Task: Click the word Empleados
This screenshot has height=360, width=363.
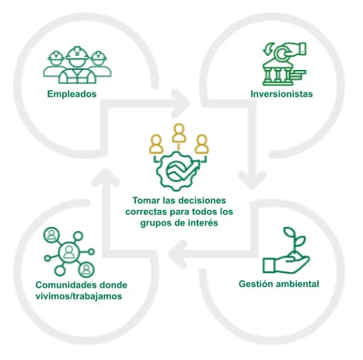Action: click(x=72, y=94)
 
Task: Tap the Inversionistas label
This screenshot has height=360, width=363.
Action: click(x=281, y=94)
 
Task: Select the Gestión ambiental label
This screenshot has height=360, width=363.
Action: click(x=279, y=284)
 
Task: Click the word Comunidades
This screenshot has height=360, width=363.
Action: click(x=66, y=285)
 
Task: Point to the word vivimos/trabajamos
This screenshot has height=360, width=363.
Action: click(x=79, y=296)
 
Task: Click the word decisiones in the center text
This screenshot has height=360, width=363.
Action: click(x=202, y=201)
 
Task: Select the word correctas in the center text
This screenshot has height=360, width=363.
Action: click(x=146, y=211)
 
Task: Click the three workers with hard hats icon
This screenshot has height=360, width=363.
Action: click(x=77, y=65)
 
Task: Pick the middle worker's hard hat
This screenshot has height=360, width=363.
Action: click(x=77, y=53)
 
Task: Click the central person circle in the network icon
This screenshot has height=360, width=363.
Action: click(x=69, y=252)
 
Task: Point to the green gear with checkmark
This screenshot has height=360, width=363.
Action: click(x=177, y=171)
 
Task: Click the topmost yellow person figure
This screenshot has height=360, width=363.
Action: click(x=179, y=133)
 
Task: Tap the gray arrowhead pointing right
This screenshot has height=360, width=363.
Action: click(x=180, y=103)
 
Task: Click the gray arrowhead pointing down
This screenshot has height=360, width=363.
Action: click(x=252, y=179)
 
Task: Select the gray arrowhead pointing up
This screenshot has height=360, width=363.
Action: click(x=106, y=178)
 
